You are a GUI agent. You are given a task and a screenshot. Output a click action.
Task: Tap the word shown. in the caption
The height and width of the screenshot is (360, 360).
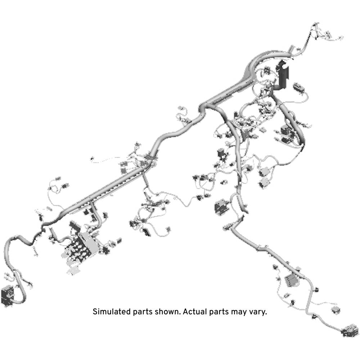(168, 312)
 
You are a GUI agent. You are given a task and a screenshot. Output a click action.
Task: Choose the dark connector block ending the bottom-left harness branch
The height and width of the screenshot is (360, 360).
(8, 296)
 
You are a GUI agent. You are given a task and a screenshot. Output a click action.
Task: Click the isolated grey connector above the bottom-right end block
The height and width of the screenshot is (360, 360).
(336, 310)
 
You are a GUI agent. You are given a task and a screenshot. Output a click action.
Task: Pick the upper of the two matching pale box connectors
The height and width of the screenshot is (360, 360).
(265, 171)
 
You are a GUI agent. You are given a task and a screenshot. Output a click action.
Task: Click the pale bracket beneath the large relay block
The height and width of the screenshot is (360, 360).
(73, 270)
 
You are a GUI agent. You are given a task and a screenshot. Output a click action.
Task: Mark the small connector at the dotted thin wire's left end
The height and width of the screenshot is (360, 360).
(92, 158)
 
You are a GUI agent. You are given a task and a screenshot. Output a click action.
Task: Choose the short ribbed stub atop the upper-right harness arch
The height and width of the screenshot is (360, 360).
(291, 49)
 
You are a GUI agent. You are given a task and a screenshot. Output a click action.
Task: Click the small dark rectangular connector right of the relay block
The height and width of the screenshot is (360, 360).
(119, 241)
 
